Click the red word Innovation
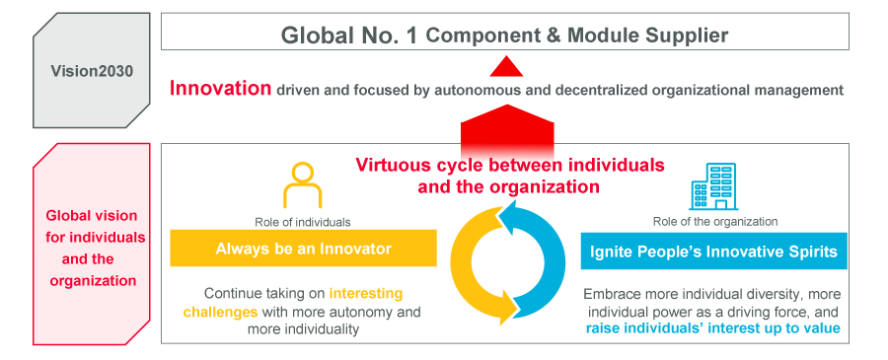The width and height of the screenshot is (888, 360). tap(220, 89)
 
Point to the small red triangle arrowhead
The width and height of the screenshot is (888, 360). tap(506, 67)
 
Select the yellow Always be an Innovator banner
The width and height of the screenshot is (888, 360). tap(303, 249)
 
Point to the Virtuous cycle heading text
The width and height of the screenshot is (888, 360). tap(509, 175)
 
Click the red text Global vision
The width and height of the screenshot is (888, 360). tap(93, 216)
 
